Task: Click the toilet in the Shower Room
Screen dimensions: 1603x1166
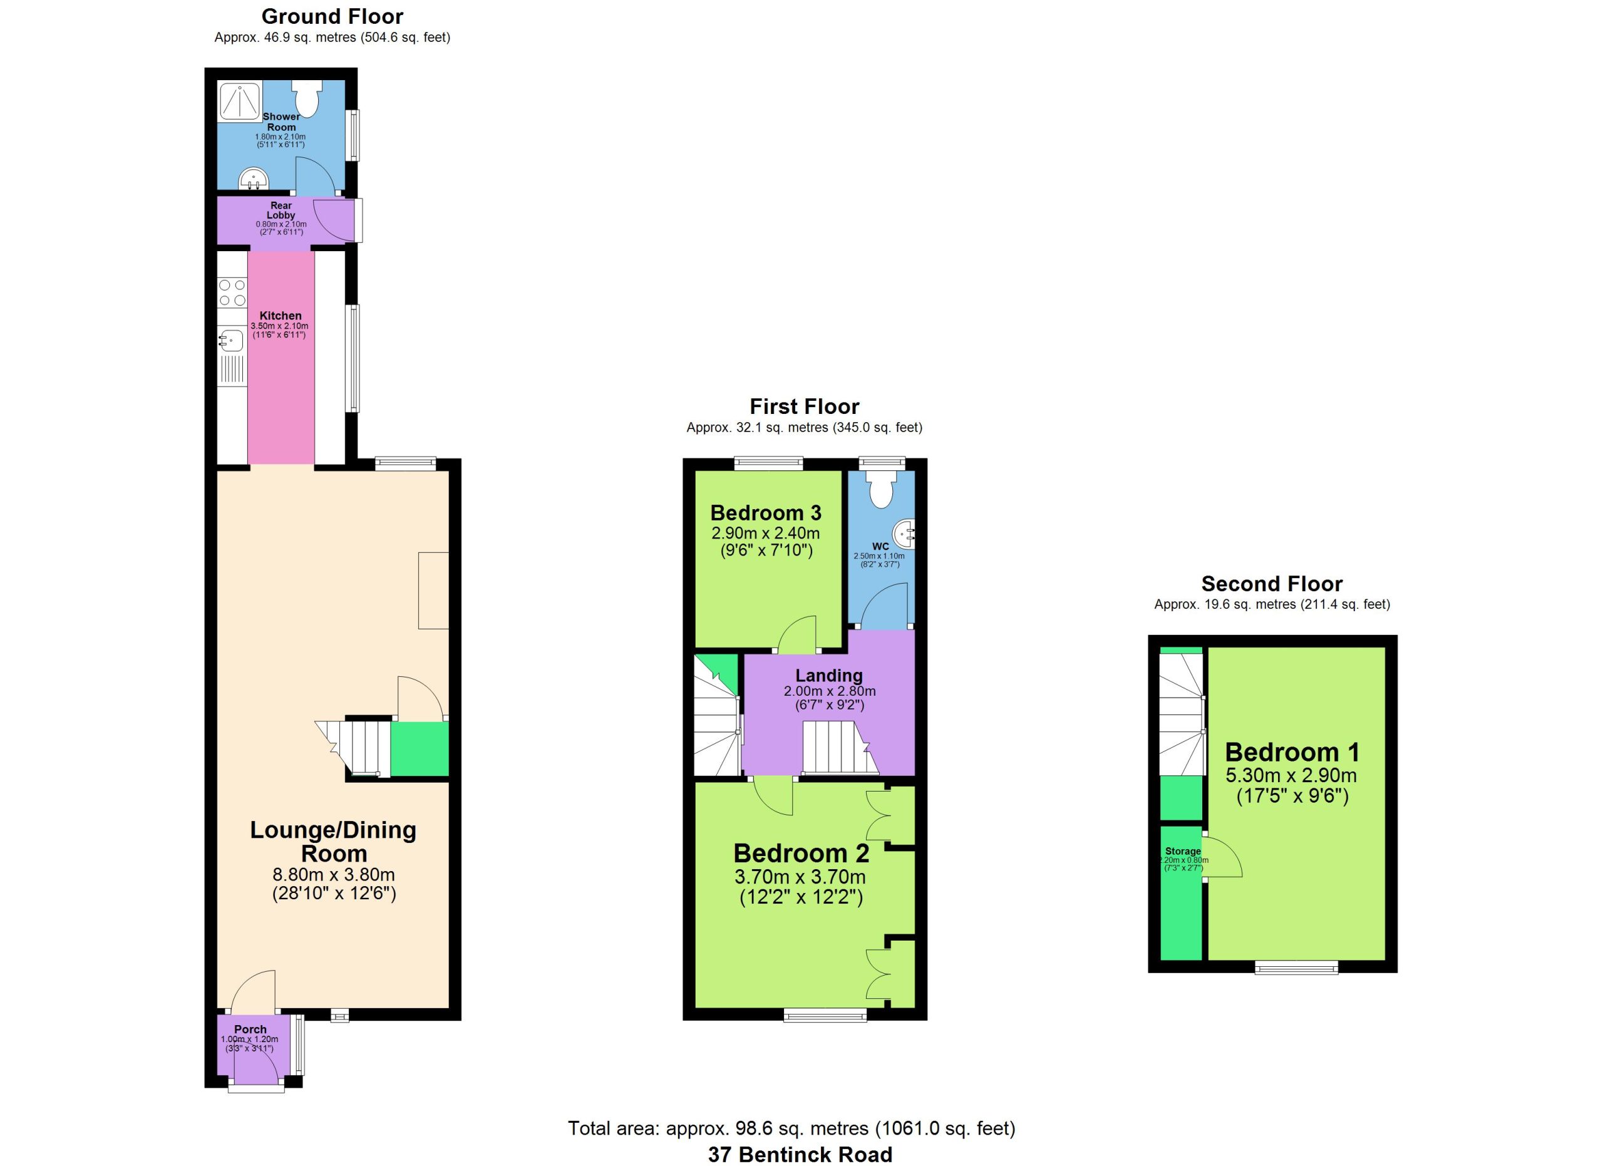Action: click(x=307, y=98)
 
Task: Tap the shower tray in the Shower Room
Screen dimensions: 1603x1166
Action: click(x=240, y=101)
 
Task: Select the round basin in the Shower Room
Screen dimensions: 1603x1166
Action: click(x=252, y=180)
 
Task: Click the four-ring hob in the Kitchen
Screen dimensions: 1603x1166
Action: click(x=232, y=292)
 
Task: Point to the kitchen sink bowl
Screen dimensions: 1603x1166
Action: click(x=231, y=341)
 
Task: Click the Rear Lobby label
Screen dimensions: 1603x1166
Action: click(x=281, y=210)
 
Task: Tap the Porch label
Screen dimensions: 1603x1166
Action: click(x=251, y=1029)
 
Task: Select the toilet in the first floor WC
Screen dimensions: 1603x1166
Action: click(x=882, y=489)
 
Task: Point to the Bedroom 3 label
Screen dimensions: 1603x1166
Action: click(x=766, y=512)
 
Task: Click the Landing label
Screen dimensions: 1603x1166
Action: click(x=829, y=676)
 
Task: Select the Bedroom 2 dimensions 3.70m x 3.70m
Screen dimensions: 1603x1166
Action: click(x=800, y=877)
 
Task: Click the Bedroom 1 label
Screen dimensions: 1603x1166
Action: click(x=1292, y=752)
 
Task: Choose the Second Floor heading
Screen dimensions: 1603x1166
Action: click(x=1272, y=584)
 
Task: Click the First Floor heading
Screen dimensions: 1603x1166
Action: click(x=805, y=406)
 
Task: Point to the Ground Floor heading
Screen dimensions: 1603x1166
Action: click(x=332, y=16)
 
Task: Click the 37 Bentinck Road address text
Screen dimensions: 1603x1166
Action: click(x=800, y=1154)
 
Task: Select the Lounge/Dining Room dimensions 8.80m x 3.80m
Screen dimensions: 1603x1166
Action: click(x=334, y=875)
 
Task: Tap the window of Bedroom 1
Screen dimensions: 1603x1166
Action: click(x=1296, y=968)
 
